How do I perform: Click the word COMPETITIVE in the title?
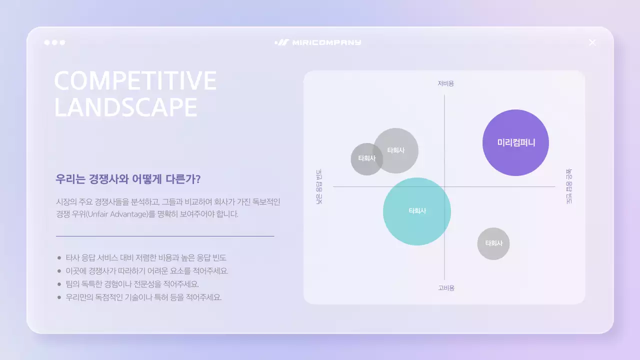(135, 81)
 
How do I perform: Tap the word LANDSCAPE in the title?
(125, 107)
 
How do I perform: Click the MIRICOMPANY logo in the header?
(318, 42)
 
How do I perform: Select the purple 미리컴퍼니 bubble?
(515, 142)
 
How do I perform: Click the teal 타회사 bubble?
(417, 211)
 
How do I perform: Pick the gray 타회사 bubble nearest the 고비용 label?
(493, 243)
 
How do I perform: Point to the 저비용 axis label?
(445, 83)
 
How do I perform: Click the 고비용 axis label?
(446, 288)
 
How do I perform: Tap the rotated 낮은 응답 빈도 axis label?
(319, 187)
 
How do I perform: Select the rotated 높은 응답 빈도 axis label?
(569, 186)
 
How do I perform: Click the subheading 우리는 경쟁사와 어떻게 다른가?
(128, 179)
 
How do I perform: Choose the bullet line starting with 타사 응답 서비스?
(146, 258)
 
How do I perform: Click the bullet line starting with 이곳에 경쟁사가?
(147, 271)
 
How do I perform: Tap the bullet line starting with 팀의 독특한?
(132, 284)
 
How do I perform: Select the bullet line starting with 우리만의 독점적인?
(143, 297)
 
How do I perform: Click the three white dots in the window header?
(54, 42)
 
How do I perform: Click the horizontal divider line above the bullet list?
(165, 235)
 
